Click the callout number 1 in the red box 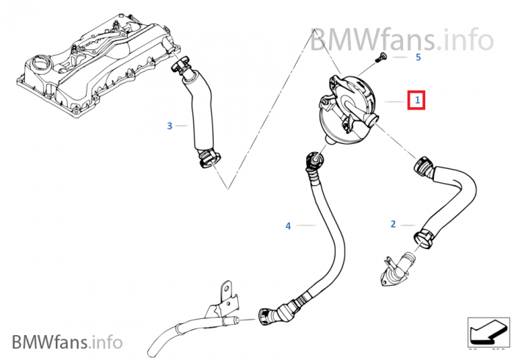click(417, 100)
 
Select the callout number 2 click(394, 224)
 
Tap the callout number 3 click(170, 126)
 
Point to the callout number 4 click(288, 226)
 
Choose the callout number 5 click(418, 57)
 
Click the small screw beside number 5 click(382, 57)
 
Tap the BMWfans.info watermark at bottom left click(68, 342)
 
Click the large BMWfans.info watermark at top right click(402, 39)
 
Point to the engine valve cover click(98, 65)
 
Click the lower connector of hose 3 click(208, 159)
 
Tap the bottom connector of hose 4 click(270, 314)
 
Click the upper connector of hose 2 click(424, 167)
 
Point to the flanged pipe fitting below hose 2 click(398, 268)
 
